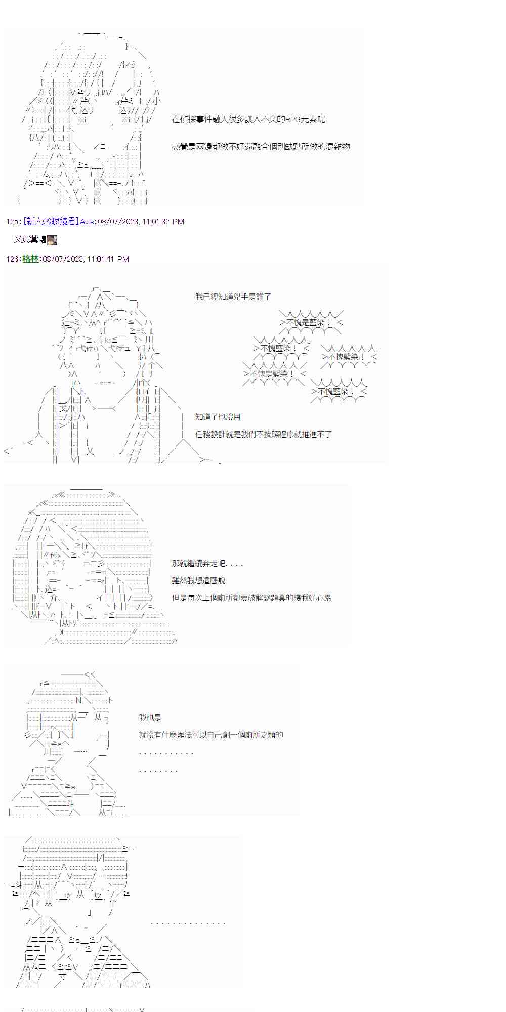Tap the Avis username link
click(x=87, y=221)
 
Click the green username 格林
click(x=30, y=259)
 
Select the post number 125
click(x=13, y=221)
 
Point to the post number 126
click(x=13, y=259)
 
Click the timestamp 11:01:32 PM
click(x=163, y=221)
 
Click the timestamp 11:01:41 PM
click(x=108, y=259)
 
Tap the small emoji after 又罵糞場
click(x=52, y=240)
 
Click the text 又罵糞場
click(x=30, y=239)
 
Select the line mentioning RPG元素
click(x=248, y=119)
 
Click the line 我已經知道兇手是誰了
click(x=233, y=297)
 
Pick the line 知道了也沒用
click(x=218, y=417)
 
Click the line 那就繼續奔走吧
click(x=207, y=563)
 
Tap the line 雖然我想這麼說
click(x=198, y=580)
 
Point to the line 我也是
click(x=150, y=718)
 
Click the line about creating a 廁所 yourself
click(x=210, y=735)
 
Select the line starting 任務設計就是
click(x=263, y=434)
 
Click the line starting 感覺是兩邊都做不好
click(x=261, y=147)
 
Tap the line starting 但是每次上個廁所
click(x=251, y=598)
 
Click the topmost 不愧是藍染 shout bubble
click(x=311, y=322)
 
